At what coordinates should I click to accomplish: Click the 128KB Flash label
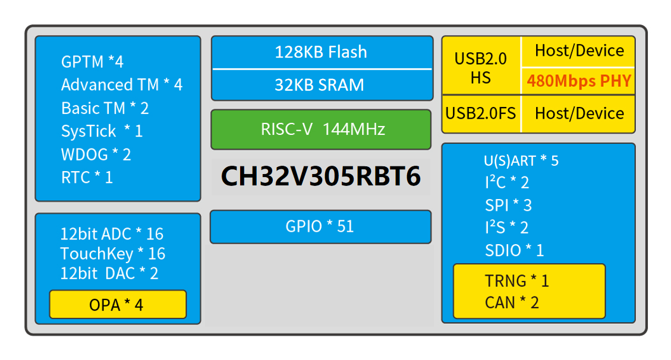[320, 52]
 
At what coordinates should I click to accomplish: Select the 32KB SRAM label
[319, 85]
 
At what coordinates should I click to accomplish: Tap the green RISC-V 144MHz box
[321, 130]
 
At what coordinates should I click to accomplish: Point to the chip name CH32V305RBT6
[320, 176]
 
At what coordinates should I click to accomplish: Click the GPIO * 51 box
[320, 226]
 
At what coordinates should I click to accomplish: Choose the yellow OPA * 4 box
[118, 304]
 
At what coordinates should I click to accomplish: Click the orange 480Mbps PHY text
[579, 81]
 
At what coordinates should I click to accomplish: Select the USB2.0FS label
[481, 113]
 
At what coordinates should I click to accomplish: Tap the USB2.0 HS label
[481, 68]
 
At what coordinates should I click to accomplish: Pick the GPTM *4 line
[92, 62]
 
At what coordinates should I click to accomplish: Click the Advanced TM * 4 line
[121, 85]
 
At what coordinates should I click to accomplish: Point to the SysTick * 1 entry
[102, 131]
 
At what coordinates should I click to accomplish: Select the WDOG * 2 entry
[96, 154]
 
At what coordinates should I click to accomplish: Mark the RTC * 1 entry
[87, 178]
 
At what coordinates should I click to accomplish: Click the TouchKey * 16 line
[112, 254]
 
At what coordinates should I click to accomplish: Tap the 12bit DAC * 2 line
[109, 274]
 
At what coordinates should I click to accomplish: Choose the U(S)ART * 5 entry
[521, 161]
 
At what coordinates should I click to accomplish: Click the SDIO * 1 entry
[514, 251]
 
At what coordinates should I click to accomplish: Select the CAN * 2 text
[512, 303]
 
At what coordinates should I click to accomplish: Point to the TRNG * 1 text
[517, 281]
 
